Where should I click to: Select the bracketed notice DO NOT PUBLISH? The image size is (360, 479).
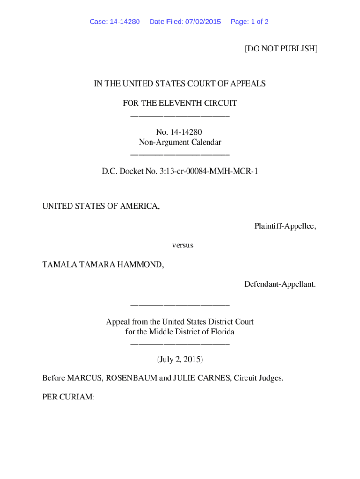[281, 49]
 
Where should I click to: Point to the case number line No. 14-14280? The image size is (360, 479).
[180, 132]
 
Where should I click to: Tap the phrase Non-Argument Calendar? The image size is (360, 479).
[180, 142]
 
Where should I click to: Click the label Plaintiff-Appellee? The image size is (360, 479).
[285, 226]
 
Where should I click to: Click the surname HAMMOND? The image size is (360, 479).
[141, 265]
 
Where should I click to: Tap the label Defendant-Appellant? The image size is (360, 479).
[280, 284]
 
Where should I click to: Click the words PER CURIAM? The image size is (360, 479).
[68, 397]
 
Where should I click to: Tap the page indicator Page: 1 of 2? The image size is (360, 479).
[249, 22]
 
